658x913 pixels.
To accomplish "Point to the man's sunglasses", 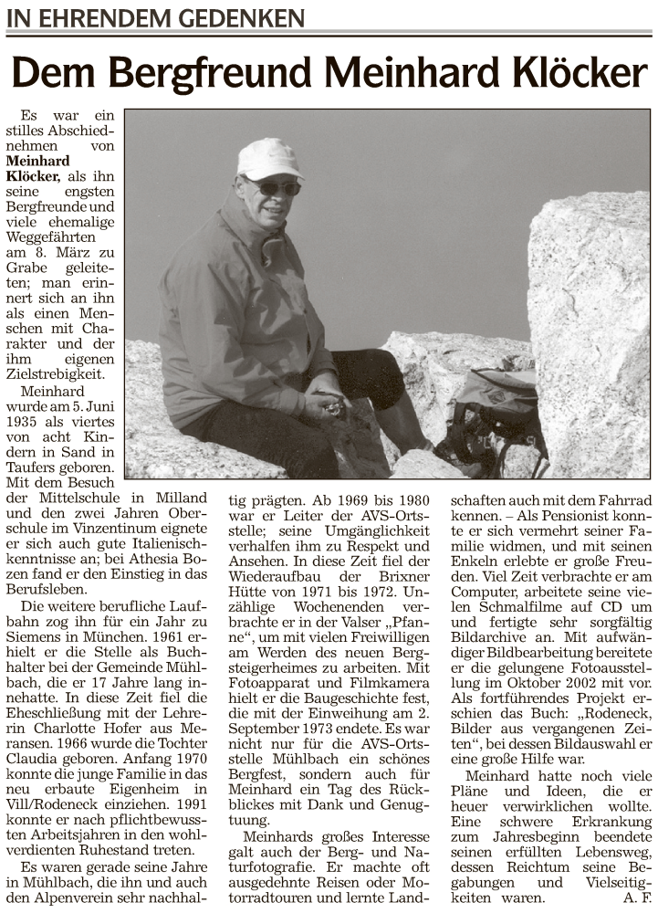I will (x=273, y=187).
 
